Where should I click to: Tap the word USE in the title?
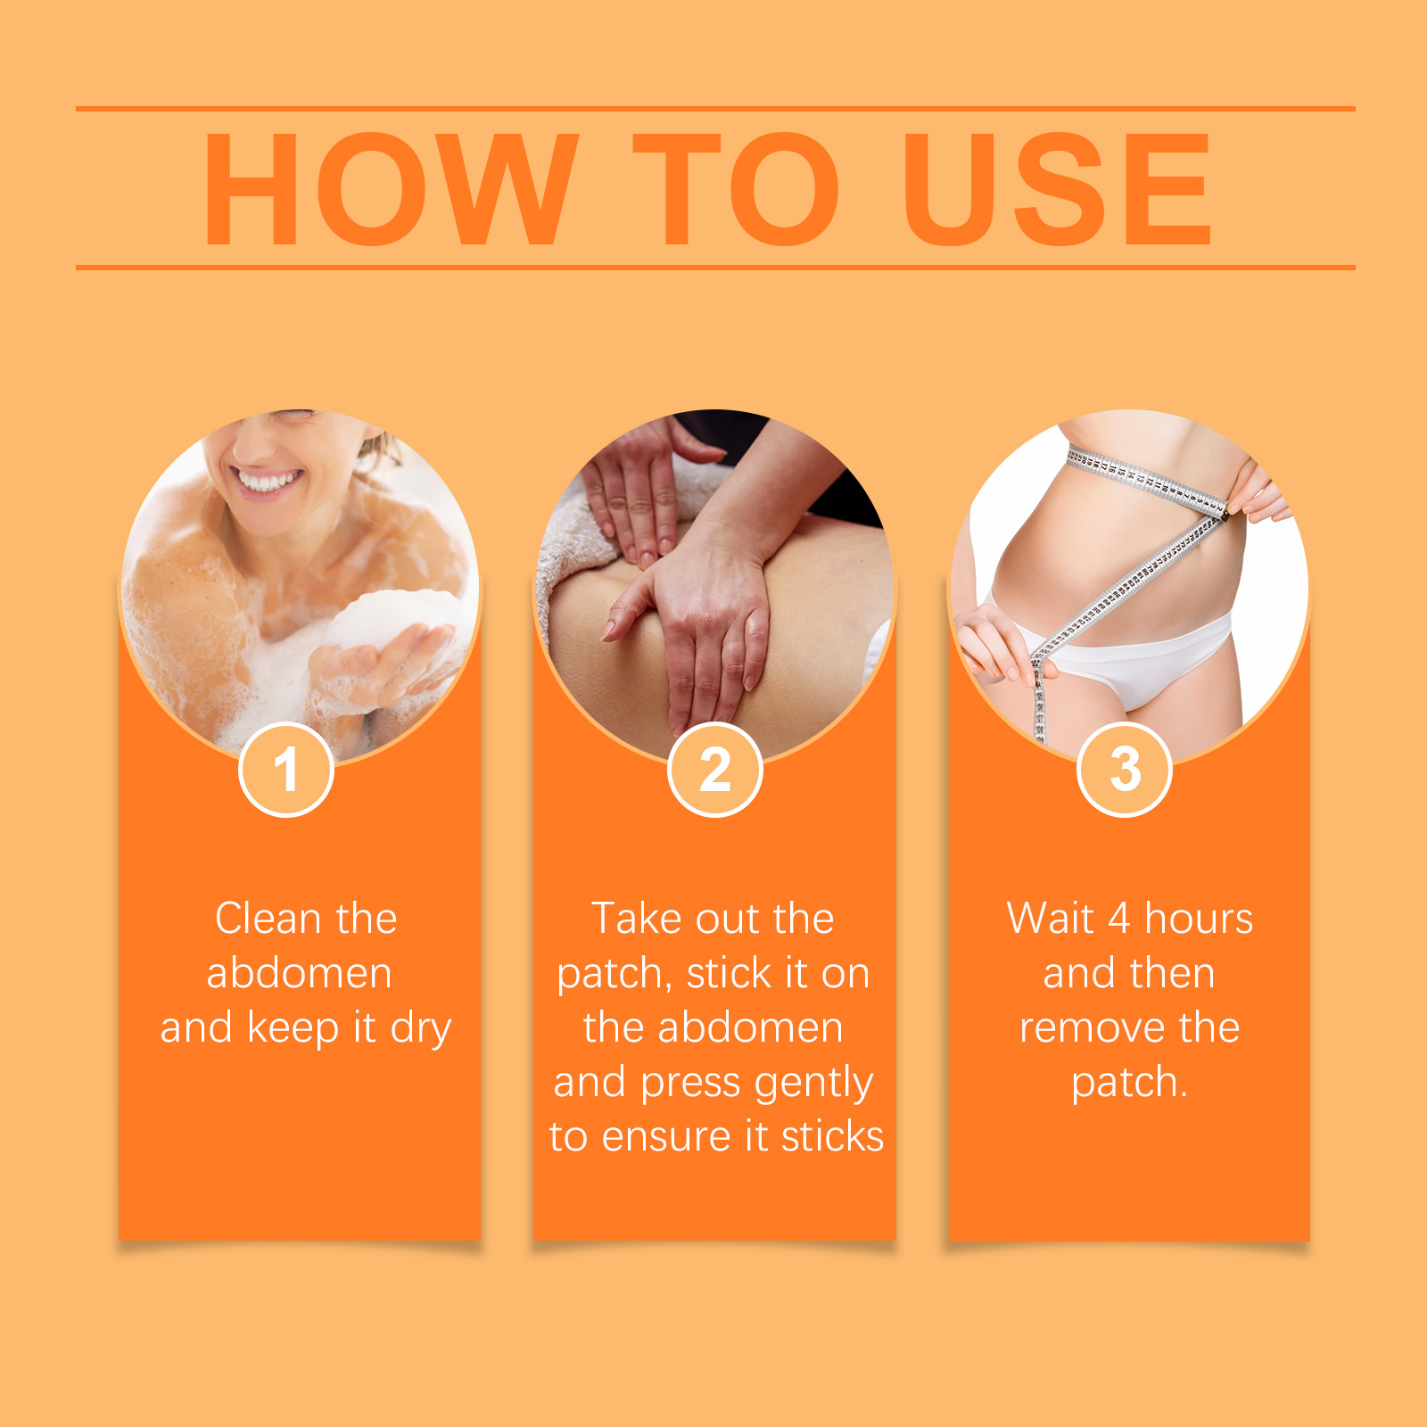click(1058, 189)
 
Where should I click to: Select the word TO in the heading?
click(736, 189)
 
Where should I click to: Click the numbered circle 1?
click(286, 770)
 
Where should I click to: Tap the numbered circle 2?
click(714, 770)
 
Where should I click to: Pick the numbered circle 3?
click(1125, 770)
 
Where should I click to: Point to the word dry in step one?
click(421, 1029)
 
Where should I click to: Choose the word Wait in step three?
click(1050, 919)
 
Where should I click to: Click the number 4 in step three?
click(1119, 919)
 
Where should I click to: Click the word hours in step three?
click(1199, 919)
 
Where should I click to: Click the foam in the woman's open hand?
click(392, 615)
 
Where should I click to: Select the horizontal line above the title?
click(715, 109)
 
